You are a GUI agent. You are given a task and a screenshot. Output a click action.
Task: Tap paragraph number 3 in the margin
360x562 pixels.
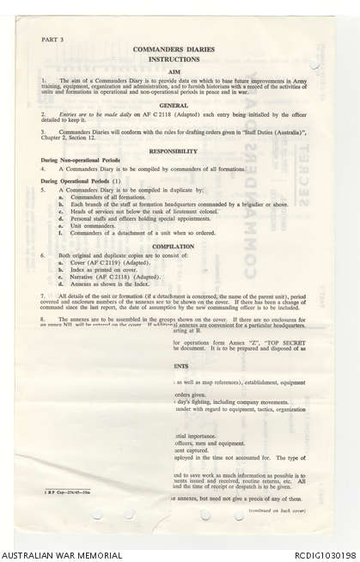tap(43, 134)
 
